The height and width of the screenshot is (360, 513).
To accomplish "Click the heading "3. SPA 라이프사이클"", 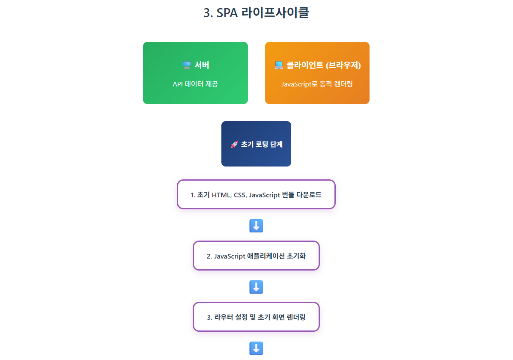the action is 256,13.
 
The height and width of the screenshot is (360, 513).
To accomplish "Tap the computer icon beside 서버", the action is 187,65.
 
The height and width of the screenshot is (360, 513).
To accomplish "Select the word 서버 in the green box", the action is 202,65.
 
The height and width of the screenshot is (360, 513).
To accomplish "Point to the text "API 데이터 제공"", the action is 195,84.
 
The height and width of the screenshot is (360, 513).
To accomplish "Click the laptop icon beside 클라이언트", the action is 279,65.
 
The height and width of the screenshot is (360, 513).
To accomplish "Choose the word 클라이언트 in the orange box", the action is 305,65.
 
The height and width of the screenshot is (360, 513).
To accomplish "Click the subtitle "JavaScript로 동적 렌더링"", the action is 317,84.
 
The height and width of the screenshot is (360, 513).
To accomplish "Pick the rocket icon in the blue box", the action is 234,144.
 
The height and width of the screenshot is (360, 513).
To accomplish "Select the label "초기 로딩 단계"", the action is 262,144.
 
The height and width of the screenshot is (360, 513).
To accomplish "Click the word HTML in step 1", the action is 221,195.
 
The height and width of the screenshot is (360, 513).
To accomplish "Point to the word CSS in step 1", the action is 240,195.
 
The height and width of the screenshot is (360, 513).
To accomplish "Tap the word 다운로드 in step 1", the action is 309,195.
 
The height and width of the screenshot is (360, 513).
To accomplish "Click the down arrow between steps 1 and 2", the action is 256,226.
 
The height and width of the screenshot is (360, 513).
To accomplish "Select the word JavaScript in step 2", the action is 230,256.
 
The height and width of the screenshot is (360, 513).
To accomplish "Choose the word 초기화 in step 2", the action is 296,256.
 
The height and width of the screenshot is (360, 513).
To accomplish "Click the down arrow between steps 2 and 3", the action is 256,287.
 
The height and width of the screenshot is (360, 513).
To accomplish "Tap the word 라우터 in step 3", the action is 224,317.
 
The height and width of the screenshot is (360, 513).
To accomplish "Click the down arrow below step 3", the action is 256,348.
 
